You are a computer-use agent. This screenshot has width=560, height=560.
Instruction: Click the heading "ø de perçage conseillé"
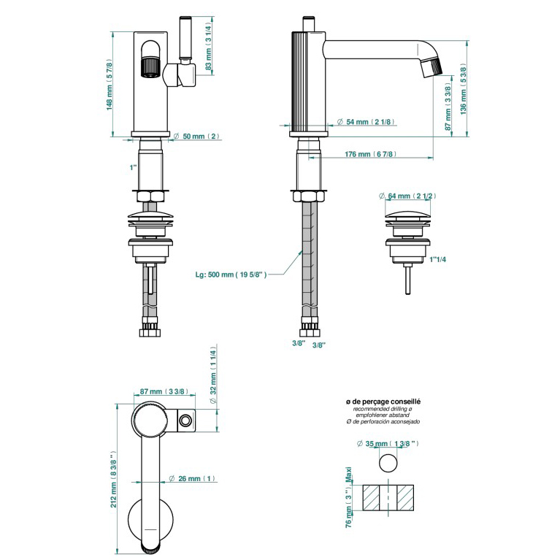click(x=383, y=402)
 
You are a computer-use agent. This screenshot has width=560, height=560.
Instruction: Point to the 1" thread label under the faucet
click(x=133, y=167)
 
